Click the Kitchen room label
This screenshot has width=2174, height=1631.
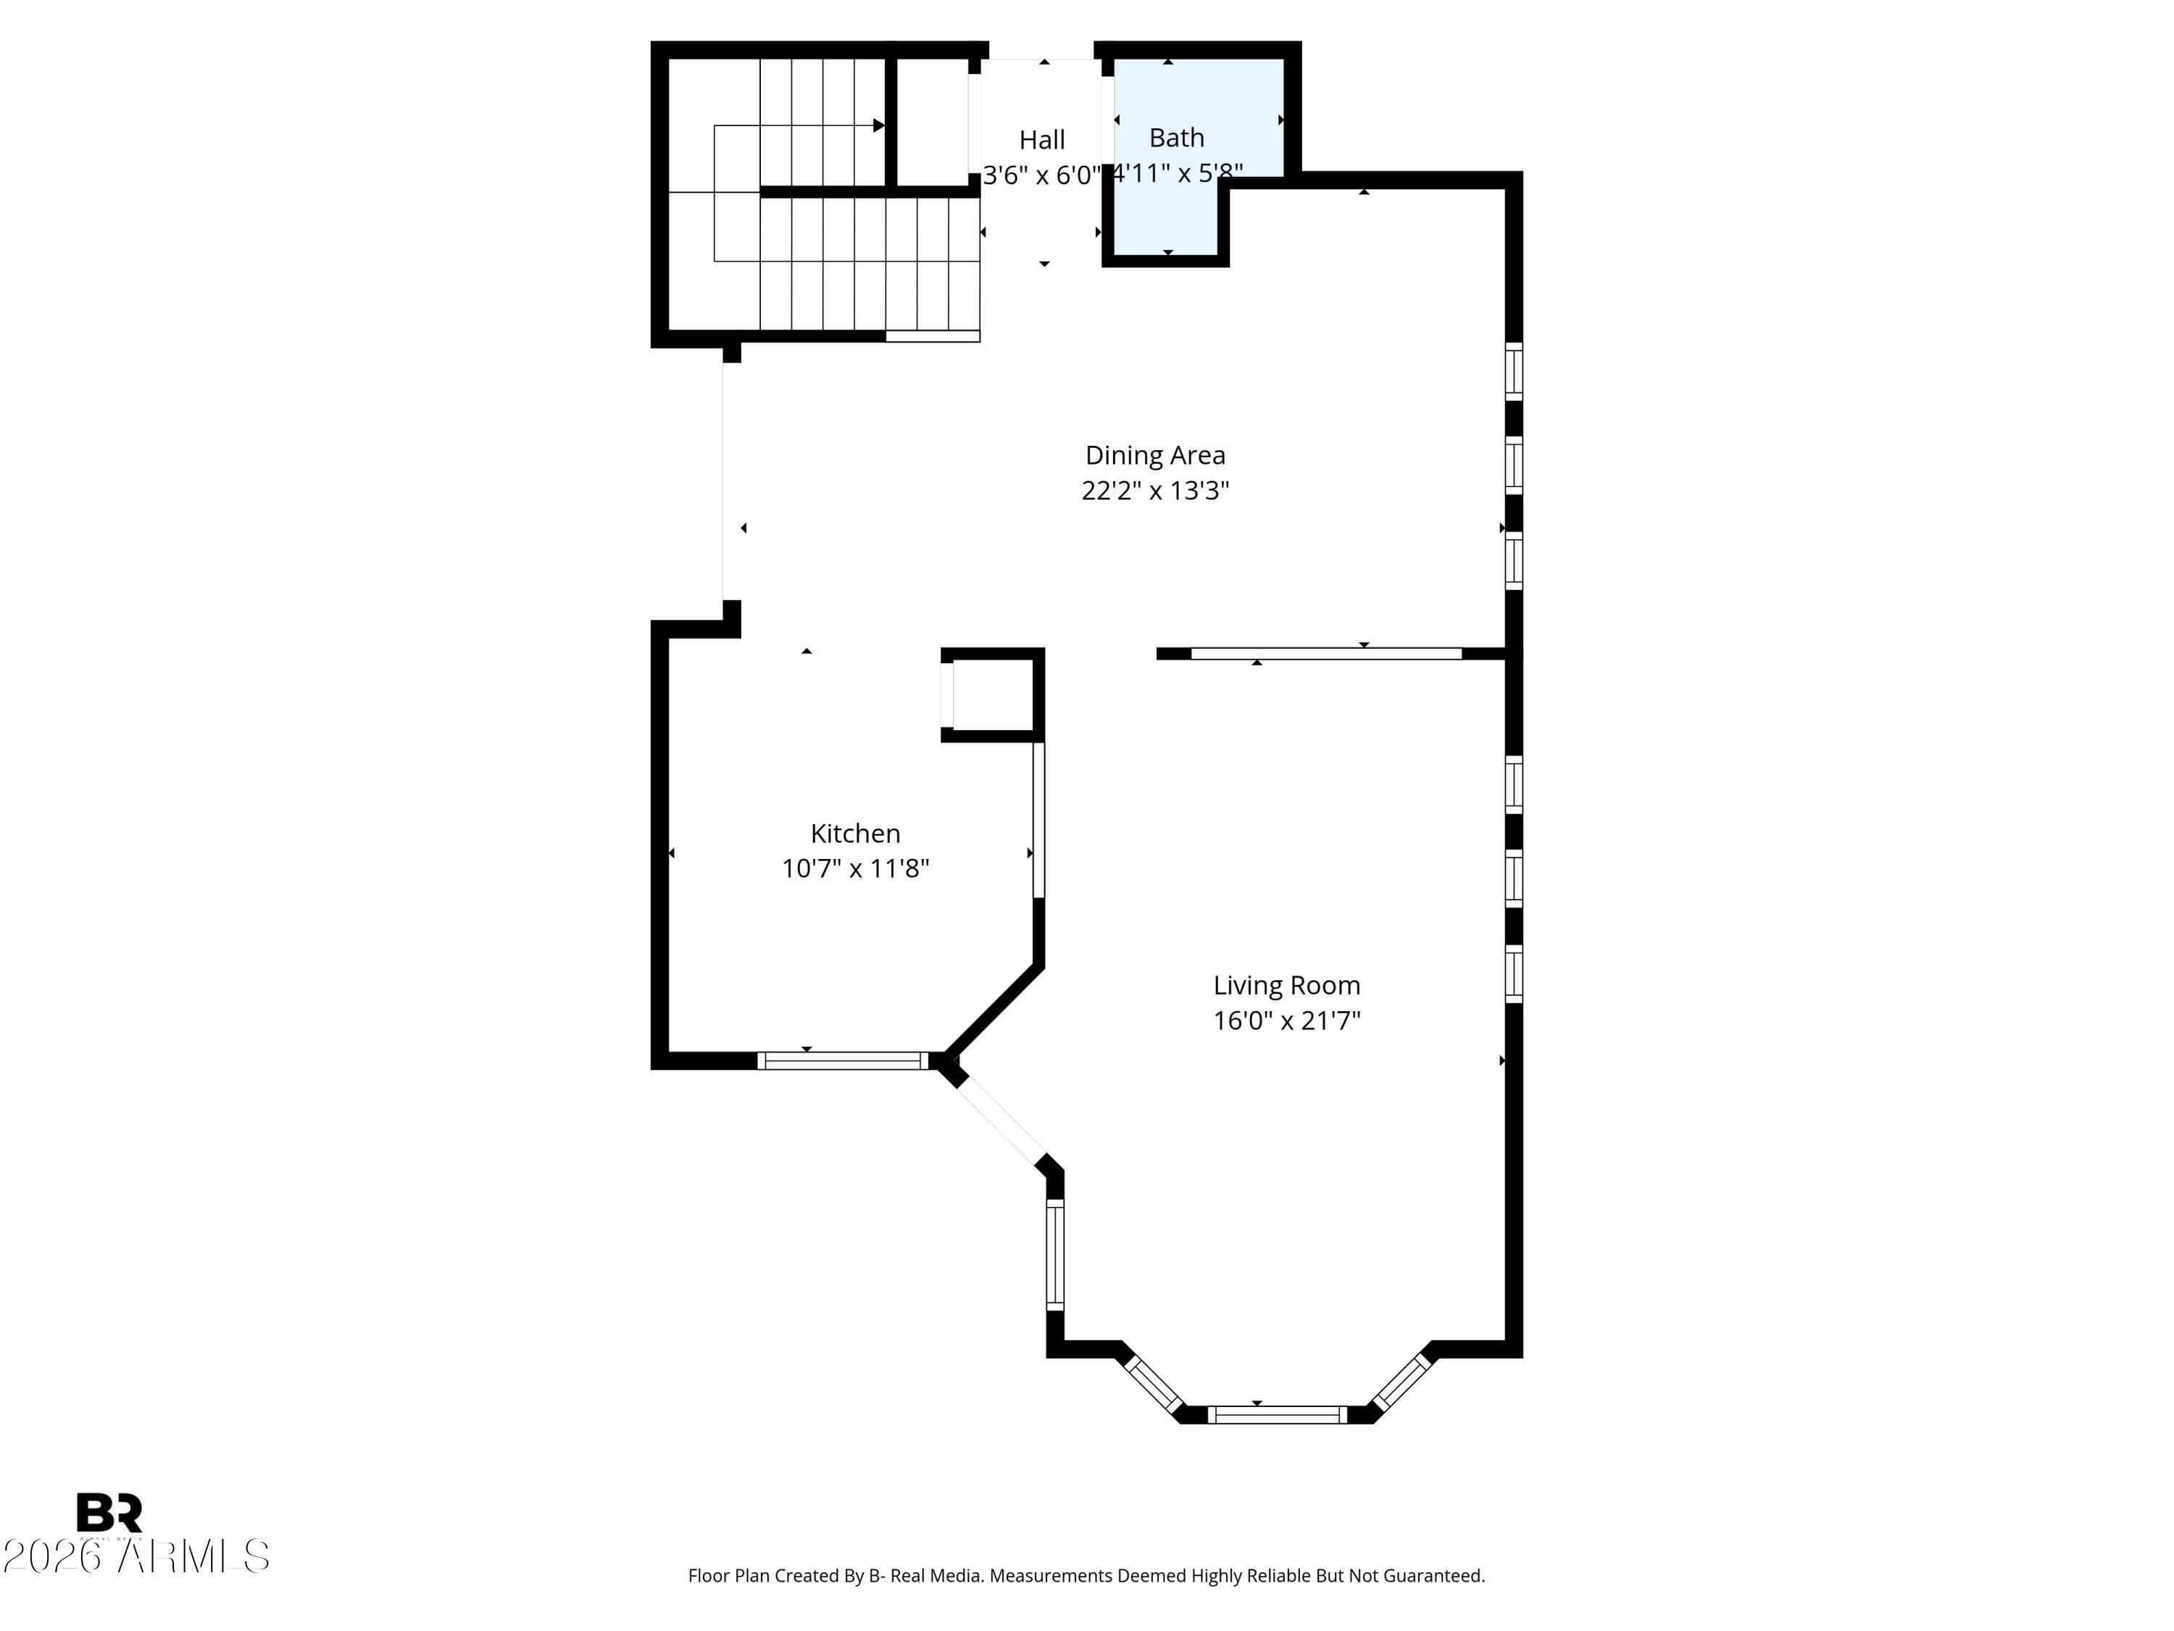pos(855,834)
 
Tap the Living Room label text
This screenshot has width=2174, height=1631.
pos(1286,985)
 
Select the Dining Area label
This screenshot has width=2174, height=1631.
pos(1155,455)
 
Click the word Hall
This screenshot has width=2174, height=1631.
pos(1042,140)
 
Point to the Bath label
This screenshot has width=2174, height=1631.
pos(1176,138)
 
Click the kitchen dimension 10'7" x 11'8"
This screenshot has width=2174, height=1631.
pos(855,869)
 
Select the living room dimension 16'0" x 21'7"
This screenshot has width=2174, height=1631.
pos(1286,1021)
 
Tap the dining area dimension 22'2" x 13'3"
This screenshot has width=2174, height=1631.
pos(1155,491)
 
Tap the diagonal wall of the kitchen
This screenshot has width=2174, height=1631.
pos(994,1013)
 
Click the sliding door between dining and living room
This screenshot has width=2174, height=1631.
pos(1326,654)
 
